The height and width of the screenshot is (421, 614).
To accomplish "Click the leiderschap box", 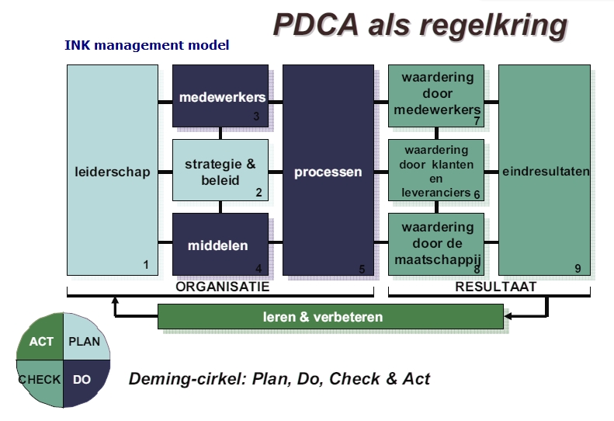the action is pos(113,170).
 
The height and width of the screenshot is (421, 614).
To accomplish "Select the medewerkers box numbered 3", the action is pos(220,96).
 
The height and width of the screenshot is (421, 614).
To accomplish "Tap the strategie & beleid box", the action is pos(220,170).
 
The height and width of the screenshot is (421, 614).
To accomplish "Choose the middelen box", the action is pos(220,244).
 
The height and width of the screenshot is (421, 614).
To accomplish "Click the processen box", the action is pos(328,170).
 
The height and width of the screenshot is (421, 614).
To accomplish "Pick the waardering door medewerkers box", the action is pos(436,96).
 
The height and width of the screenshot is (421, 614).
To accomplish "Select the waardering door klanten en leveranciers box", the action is pos(436,170).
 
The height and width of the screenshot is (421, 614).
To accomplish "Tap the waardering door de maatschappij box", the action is pos(436,244).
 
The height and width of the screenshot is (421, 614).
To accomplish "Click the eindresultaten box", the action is pos(544,170).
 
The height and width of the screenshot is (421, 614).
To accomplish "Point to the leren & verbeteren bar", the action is pos(331,316).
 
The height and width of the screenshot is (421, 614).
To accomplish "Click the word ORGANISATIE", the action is pos(223,287).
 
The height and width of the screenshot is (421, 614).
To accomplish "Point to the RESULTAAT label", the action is pos(496,287).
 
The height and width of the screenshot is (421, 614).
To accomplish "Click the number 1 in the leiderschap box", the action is pos(146,265).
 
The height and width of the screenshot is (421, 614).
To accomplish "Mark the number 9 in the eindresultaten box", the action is pos(578,269).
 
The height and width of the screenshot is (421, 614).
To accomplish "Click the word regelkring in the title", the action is pos(494,26).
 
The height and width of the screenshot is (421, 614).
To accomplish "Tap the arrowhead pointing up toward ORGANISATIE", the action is pos(115,301).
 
